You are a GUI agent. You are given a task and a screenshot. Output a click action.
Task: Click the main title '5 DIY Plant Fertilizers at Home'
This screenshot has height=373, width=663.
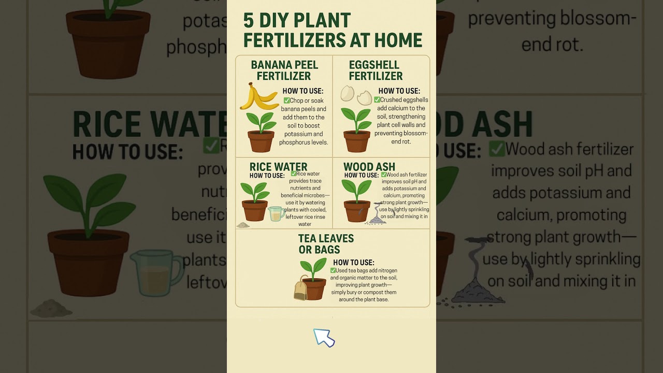point(332,30)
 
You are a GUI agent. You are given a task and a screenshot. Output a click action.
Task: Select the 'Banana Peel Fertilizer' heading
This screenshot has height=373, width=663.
point(284,70)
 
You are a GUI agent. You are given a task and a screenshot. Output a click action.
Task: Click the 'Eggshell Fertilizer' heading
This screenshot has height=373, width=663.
point(376,70)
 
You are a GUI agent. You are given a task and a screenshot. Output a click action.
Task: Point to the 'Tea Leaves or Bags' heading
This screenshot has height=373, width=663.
point(326,244)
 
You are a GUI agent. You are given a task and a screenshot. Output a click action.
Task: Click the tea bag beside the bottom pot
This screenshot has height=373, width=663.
point(300,289)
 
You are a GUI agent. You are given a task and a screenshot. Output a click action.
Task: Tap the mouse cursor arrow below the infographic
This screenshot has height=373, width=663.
point(324,337)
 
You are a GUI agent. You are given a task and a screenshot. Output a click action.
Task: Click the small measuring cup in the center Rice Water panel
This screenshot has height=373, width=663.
point(276,213)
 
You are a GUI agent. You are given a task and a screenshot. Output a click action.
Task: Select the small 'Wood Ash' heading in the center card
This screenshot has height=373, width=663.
point(369,167)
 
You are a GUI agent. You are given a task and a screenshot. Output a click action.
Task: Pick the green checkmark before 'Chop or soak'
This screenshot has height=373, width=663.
point(286,101)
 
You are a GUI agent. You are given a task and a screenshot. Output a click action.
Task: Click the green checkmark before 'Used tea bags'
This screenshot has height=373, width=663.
point(333,270)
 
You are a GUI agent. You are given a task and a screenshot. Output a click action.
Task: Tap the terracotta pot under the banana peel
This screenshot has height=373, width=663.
point(261,141)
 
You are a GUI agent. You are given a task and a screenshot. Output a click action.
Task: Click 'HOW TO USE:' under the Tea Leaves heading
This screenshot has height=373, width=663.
point(353,262)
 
